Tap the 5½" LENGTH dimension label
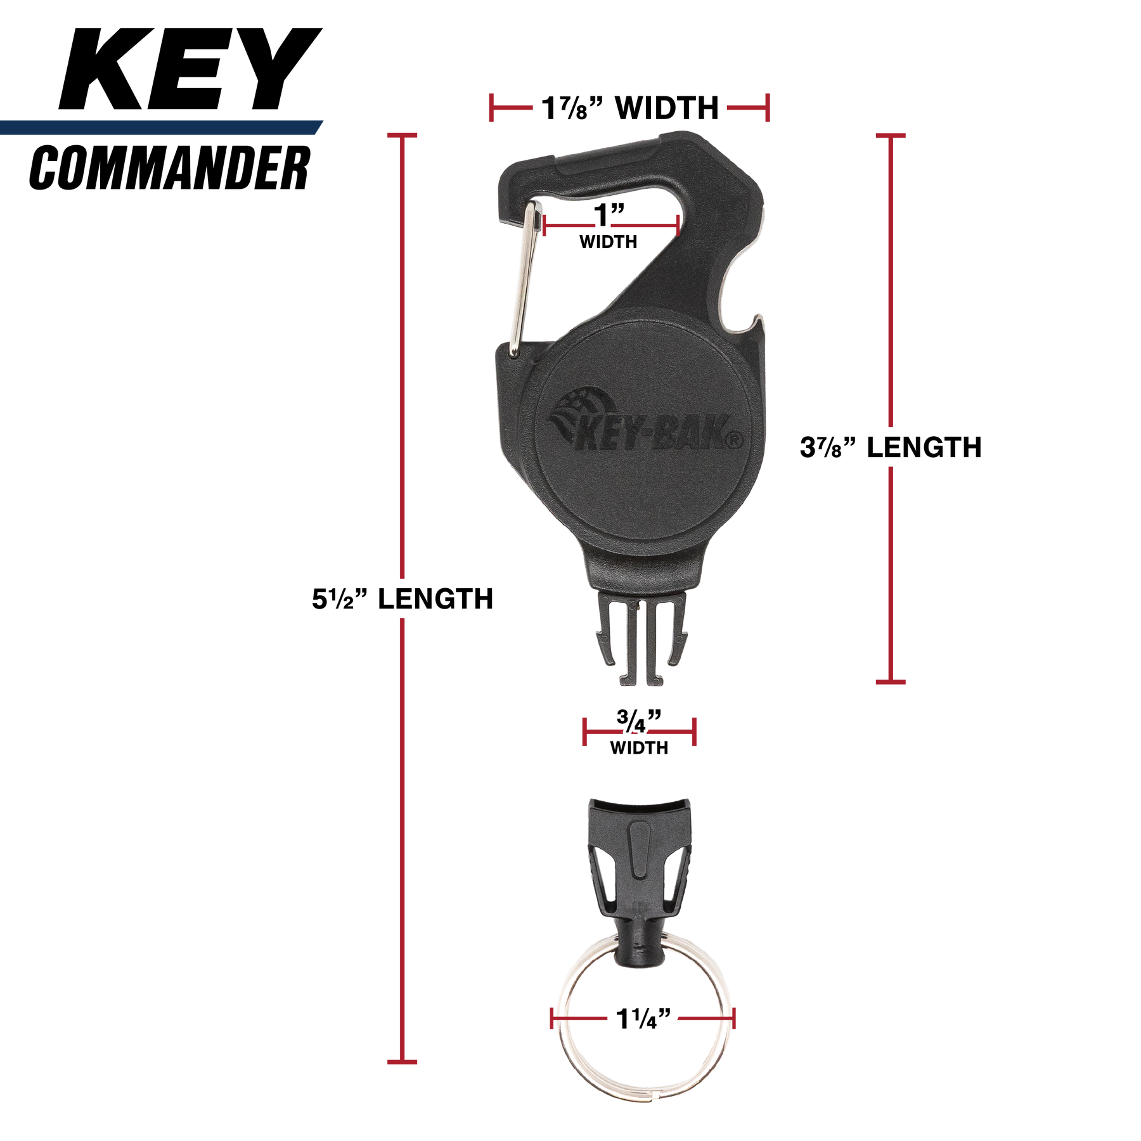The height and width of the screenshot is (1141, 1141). (402, 598)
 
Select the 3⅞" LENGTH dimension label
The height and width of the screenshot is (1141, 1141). (891, 448)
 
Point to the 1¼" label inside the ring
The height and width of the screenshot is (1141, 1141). (643, 1019)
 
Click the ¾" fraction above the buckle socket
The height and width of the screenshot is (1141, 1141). (639, 720)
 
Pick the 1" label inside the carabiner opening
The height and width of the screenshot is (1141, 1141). (609, 214)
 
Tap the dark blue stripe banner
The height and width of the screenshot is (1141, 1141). (158, 127)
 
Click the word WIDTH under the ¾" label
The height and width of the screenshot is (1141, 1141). (639, 748)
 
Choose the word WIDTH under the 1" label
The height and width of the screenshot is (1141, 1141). (609, 242)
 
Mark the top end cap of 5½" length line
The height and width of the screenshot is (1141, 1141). (402, 136)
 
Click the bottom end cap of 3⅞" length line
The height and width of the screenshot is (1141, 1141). (891, 682)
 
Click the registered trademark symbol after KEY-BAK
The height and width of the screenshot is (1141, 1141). (735, 439)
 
